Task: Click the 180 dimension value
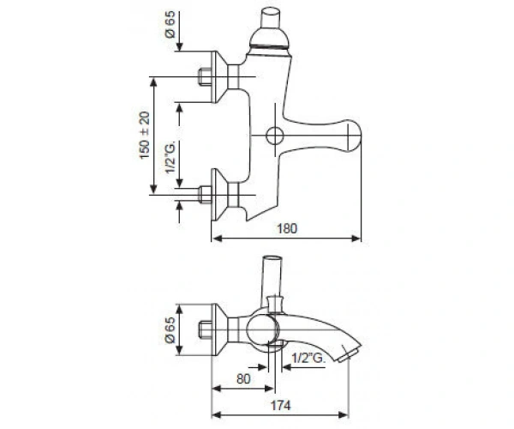pyautogui.click(x=287, y=228)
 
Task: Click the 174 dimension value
pyautogui.click(x=281, y=405)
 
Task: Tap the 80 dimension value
pyautogui.click(x=243, y=378)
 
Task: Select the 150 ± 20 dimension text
pyautogui.click(x=144, y=136)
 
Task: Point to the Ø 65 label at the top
pyautogui.click(x=170, y=25)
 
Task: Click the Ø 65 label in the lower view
pyautogui.click(x=170, y=329)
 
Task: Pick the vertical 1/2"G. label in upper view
pyautogui.click(x=170, y=157)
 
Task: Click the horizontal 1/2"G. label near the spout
pyautogui.click(x=308, y=358)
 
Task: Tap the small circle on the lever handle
pyautogui.click(x=275, y=136)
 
